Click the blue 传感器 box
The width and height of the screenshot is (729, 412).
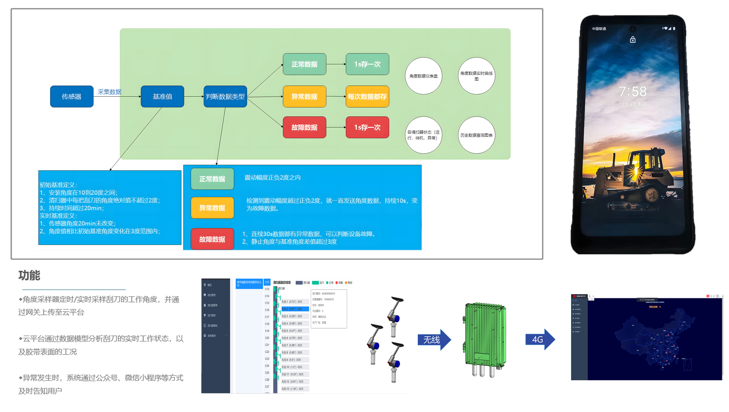point(72,97)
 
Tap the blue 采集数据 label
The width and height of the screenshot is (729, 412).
point(110,92)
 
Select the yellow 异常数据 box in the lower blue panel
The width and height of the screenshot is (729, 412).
point(212,208)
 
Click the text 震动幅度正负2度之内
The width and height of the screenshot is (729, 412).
point(272,178)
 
